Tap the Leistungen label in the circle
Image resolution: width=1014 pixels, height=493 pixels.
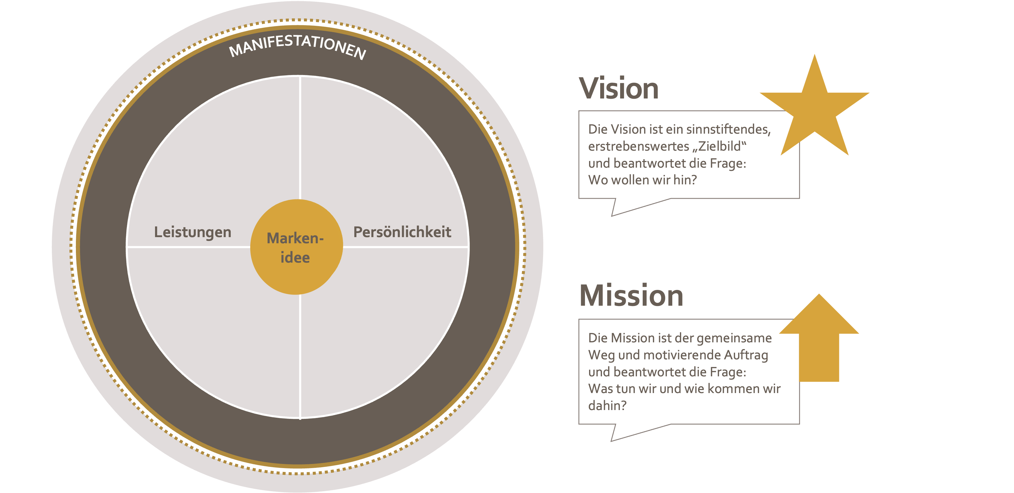[x=193, y=232]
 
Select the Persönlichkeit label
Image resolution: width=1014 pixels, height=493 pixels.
[x=402, y=232]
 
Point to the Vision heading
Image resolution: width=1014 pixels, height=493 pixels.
[x=618, y=88]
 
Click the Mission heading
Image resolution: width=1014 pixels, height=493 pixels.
[x=631, y=295]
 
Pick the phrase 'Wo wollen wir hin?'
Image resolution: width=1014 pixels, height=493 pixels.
[x=642, y=180]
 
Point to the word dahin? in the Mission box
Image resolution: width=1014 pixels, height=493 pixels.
[x=607, y=406]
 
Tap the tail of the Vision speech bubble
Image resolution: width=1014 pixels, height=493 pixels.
[x=622, y=207]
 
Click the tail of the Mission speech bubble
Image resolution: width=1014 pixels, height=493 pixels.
[x=622, y=432]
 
